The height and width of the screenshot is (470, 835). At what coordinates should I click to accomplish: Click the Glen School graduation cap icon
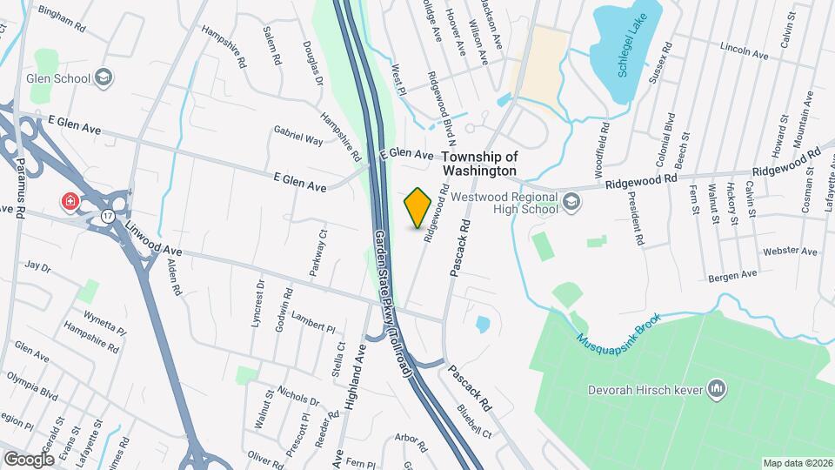[104, 78]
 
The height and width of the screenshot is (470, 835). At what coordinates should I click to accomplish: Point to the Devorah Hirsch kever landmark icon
[718, 386]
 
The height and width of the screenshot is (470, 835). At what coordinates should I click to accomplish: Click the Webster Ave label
[790, 252]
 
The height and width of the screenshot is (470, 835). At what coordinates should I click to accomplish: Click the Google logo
[28, 459]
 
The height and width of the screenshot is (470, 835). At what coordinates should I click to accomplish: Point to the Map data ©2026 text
[797, 462]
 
